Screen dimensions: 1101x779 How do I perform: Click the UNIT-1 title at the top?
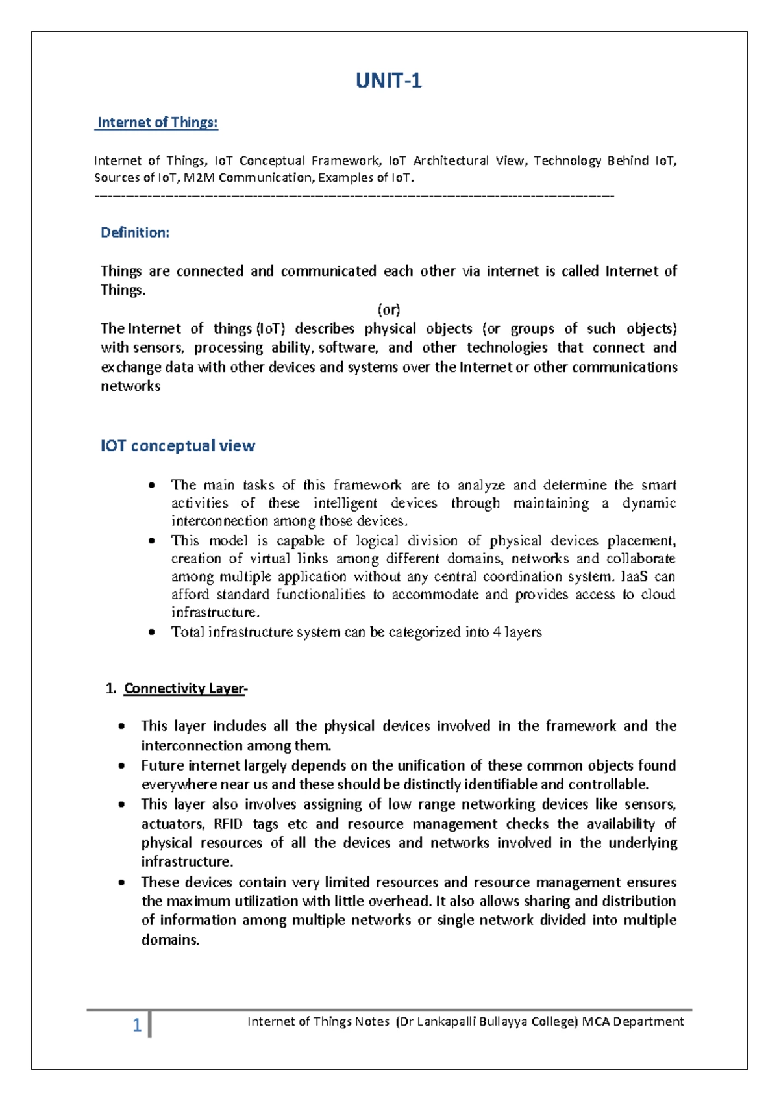click(x=389, y=81)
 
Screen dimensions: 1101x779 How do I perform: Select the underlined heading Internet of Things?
click(x=157, y=123)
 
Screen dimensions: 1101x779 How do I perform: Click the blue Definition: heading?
click(x=135, y=232)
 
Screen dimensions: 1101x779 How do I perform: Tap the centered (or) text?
click(x=389, y=309)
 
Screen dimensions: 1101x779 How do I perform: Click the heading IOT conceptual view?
click(x=178, y=446)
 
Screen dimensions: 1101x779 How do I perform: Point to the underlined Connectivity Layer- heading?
click(x=186, y=689)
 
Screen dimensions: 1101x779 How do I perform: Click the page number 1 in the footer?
click(x=137, y=1025)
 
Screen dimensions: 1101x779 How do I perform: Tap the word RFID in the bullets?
click(x=228, y=824)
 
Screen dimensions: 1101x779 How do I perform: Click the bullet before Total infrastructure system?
click(x=152, y=632)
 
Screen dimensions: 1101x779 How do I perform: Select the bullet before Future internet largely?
click(x=122, y=766)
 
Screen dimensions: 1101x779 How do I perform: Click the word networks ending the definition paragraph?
click(x=130, y=386)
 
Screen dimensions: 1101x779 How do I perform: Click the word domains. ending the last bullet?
click(x=170, y=940)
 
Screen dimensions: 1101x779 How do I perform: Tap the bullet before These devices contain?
click(x=122, y=883)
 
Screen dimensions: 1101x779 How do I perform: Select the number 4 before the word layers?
click(x=497, y=632)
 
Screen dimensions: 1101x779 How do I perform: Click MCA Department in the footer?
click(x=633, y=1021)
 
